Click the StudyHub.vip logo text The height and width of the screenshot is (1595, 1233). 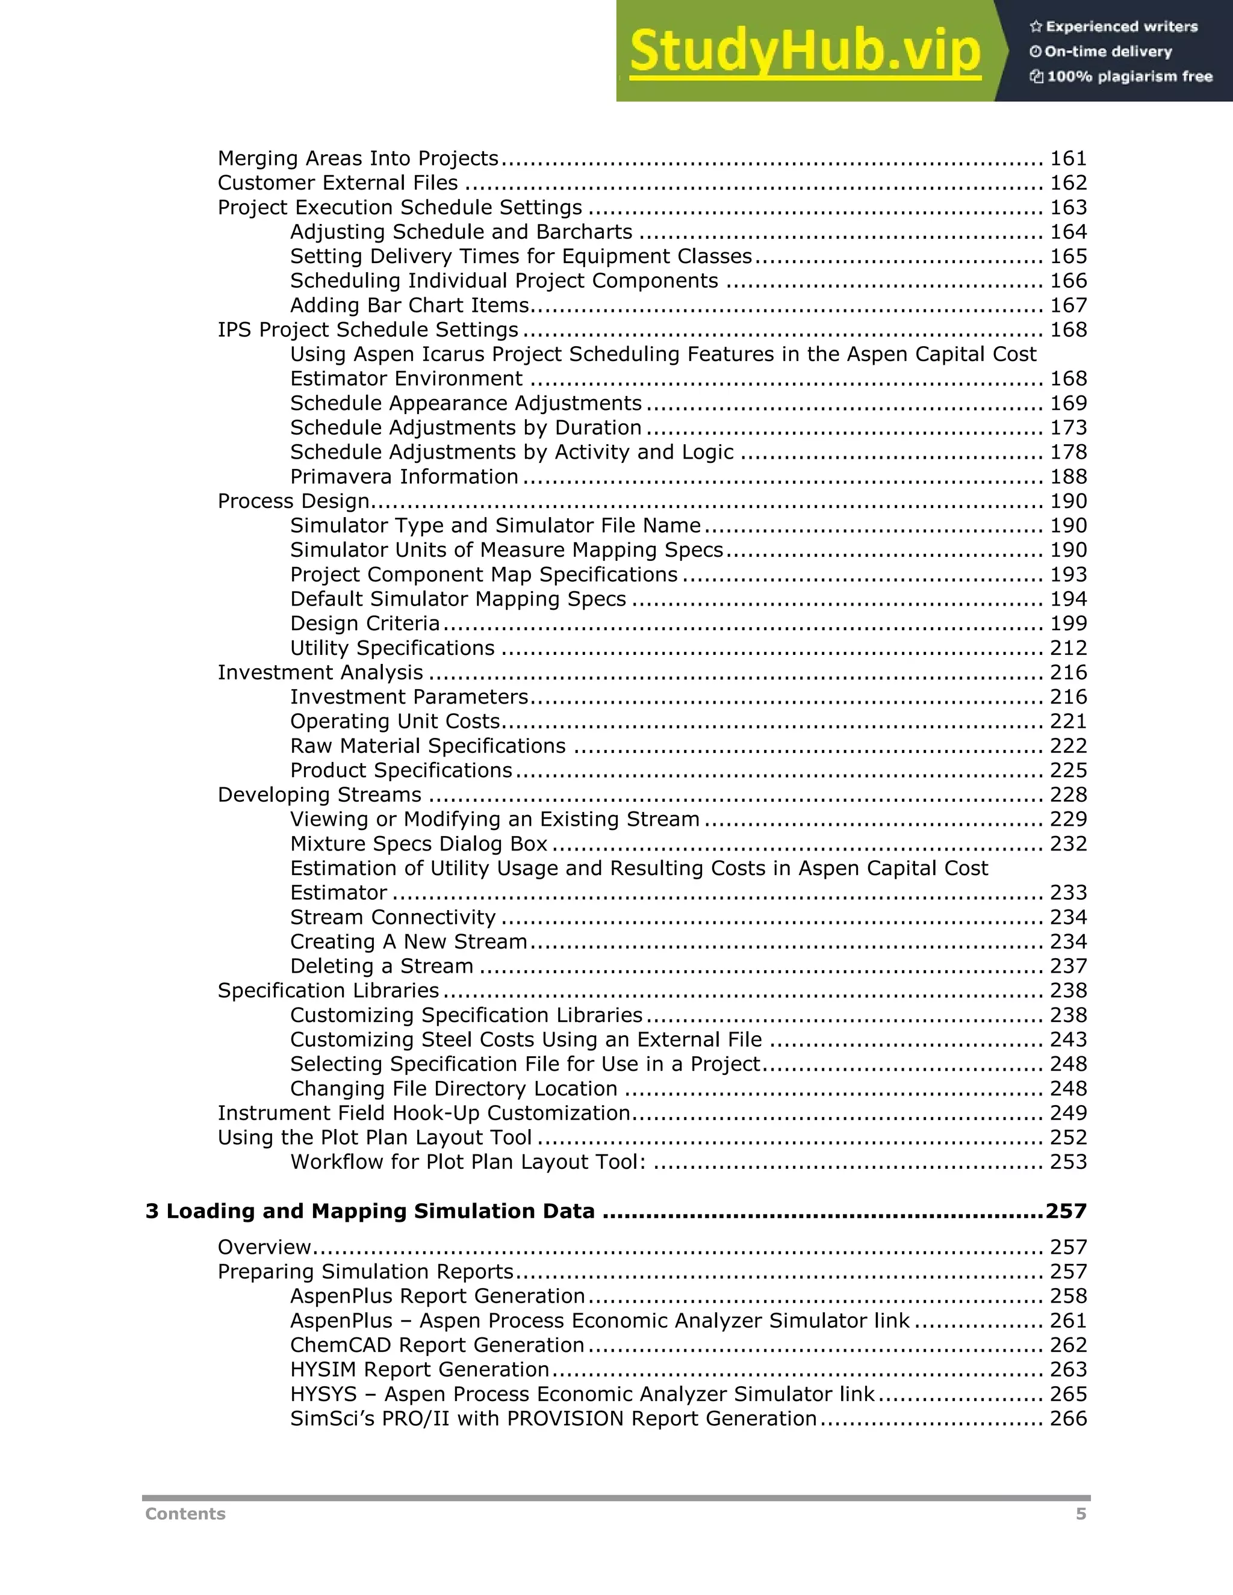(x=804, y=51)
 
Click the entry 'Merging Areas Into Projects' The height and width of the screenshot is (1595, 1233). (x=358, y=158)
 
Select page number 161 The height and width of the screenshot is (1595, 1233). (x=1068, y=158)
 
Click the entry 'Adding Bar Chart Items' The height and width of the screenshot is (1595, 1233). (x=409, y=305)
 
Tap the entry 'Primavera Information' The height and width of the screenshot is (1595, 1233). (x=404, y=477)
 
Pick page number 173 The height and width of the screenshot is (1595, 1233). (x=1068, y=428)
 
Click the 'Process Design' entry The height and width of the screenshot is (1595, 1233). (x=294, y=501)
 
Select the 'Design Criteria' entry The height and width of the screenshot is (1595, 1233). (x=364, y=624)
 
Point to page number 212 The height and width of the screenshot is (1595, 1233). (x=1068, y=648)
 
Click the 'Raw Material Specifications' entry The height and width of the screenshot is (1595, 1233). (x=427, y=746)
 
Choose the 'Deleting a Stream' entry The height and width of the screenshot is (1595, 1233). (x=381, y=966)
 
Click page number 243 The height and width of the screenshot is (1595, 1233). (x=1068, y=1039)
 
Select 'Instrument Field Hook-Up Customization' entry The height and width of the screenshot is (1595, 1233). (x=424, y=1113)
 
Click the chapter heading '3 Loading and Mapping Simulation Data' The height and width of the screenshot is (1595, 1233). (x=370, y=1212)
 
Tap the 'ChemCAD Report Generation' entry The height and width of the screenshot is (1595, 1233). (x=437, y=1345)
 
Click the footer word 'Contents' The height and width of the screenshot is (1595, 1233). (x=185, y=1514)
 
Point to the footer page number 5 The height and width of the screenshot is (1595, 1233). (x=1080, y=1514)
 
